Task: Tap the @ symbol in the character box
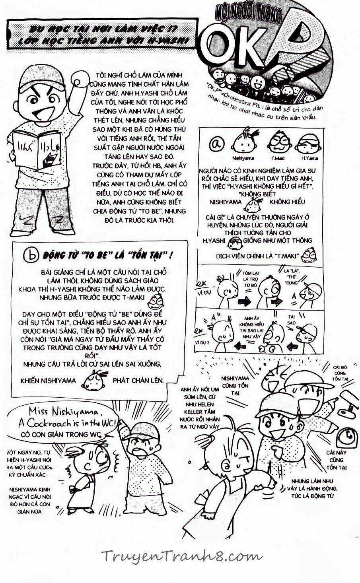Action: pyautogui.click(x=219, y=144)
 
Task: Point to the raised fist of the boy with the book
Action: pyautogui.click(x=81, y=79)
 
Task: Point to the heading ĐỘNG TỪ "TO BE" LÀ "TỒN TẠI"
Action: pyautogui.click(x=107, y=255)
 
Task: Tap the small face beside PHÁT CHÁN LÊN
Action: pyautogui.click(x=94, y=380)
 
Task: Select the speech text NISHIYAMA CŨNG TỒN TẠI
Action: pyautogui.click(x=235, y=385)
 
